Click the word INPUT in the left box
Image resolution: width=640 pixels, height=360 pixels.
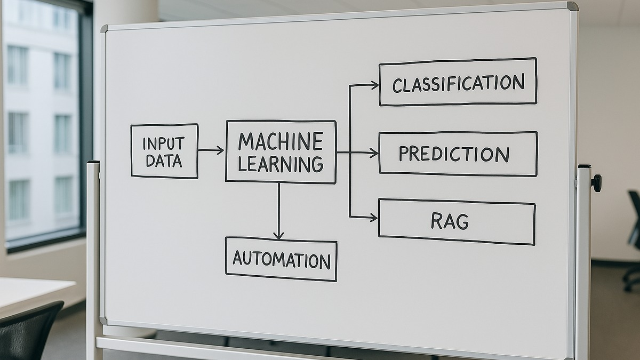point(163,143)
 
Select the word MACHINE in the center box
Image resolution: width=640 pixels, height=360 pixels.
point(281,142)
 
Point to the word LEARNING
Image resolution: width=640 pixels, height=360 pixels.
point(281,163)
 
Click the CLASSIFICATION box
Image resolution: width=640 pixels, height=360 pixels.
point(458,82)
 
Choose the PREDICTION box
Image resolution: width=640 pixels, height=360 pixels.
point(458,153)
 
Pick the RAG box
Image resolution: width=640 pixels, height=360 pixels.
point(457,221)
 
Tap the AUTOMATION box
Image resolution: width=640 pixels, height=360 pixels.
point(281,260)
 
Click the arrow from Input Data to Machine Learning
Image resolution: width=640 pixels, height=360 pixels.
point(211,150)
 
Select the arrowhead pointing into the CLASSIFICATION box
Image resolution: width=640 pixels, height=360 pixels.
point(374,84)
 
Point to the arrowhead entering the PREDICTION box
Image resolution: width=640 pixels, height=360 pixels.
point(374,153)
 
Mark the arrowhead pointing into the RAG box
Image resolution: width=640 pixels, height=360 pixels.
point(373,217)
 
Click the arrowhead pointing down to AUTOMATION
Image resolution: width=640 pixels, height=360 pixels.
point(278,235)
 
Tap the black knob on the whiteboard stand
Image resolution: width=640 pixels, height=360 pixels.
point(596,183)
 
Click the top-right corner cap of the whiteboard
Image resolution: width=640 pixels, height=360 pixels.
point(572,6)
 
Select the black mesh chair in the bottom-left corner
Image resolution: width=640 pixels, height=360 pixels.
point(29,331)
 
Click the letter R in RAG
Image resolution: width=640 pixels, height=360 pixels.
point(437,221)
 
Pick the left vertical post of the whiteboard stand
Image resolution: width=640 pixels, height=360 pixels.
point(93,256)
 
